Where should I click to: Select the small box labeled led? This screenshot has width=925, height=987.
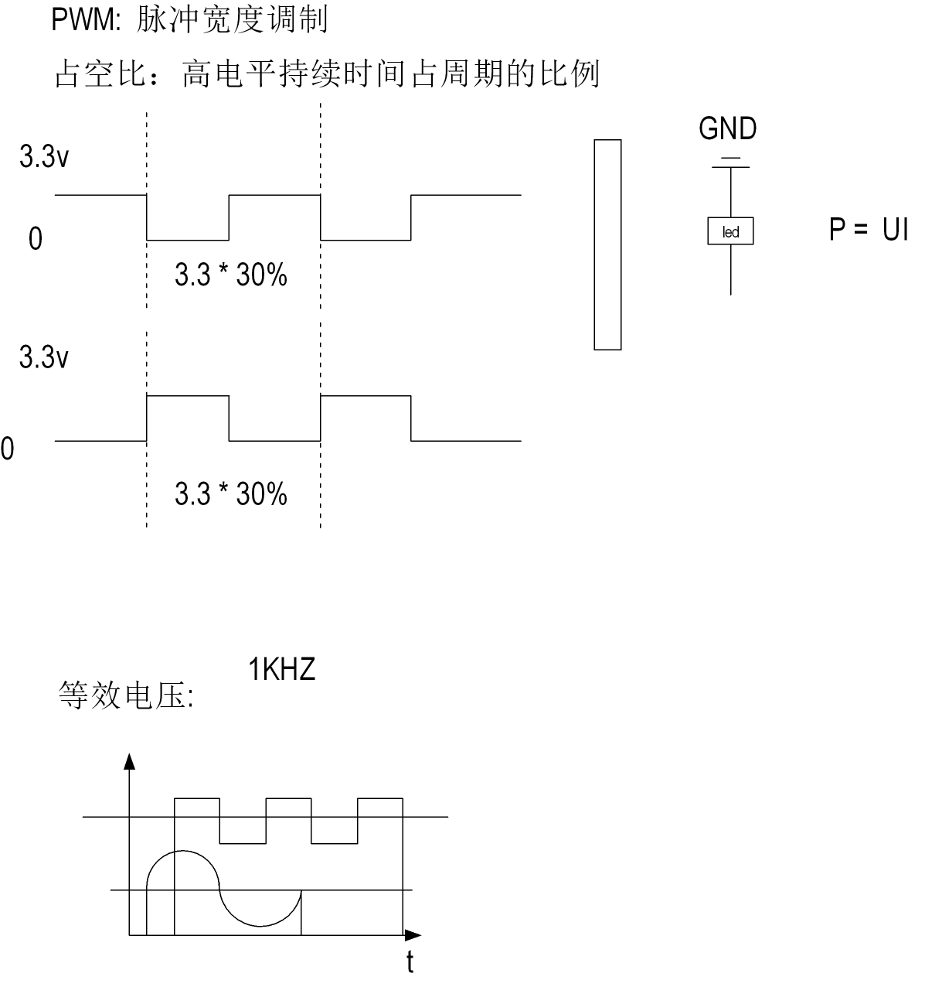(730, 232)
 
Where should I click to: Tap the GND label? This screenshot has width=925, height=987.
(727, 129)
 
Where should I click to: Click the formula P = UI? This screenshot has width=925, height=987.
(869, 230)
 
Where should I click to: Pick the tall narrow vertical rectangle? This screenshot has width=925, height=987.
(607, 244)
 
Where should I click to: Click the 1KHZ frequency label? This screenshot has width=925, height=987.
(282, 670)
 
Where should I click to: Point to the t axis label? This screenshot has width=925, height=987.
(410, 962)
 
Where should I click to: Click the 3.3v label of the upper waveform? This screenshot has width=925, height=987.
(44, 158)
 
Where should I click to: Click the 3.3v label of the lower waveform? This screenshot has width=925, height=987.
(44, 358)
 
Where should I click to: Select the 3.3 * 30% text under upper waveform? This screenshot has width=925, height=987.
(231, 275)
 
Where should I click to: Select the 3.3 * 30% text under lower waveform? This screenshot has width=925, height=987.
(231, 493)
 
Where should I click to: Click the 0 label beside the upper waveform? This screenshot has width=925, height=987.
(36, 240)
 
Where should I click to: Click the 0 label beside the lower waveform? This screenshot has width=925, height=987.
(7, 449)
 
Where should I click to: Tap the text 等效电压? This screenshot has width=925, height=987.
(124, 695)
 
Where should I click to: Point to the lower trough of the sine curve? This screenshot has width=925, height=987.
(260, 925)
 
